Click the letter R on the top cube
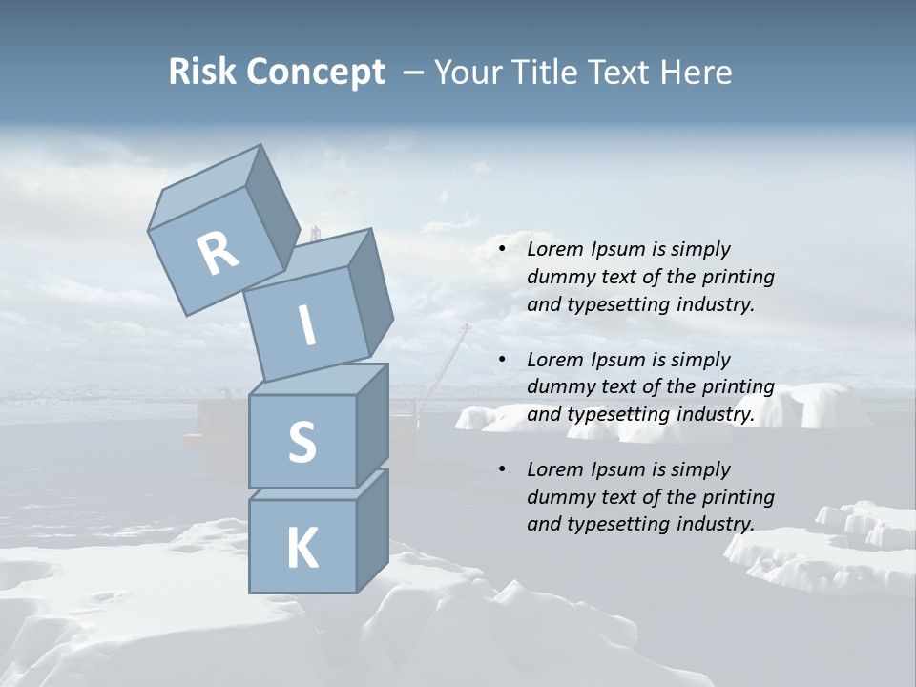[x=219, y=253]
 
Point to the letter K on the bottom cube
[x=302, y=549]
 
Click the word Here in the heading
[x=695, y=72]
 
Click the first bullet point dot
[x=503, y=250]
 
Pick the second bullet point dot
[x=503, y=360]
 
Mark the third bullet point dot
[x=503, y=469]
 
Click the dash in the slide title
[x=414, y=73]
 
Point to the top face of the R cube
[x=206, y=189]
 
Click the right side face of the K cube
[x=372, y=530]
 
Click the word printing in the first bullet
[x=738, y=278]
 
